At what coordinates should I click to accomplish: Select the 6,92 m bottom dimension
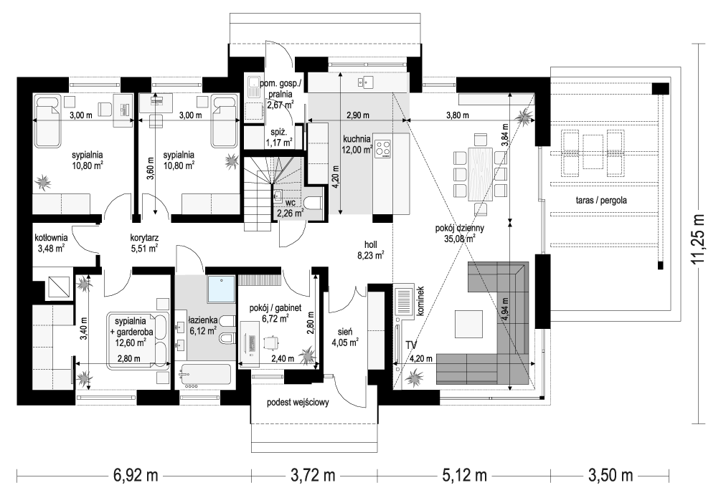(136, 475)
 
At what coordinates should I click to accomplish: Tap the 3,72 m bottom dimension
(313, 475)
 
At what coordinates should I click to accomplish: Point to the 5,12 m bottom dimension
(464, 475)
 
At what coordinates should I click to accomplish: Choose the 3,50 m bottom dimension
(610, 475)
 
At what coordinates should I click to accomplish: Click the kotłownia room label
(51, 238)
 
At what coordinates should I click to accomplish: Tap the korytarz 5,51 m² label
(144, 243)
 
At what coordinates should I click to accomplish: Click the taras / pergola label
(601, 200)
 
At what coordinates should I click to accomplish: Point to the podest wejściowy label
(298, 402)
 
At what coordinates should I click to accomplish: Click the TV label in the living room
(410, 345)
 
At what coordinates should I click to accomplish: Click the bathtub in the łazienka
(205, 375)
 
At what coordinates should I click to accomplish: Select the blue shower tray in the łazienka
(221, 289)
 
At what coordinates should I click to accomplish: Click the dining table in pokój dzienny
(481, 174)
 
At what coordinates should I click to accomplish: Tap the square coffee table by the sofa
(468, 324)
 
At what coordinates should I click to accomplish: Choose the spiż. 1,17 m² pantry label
(278, 138)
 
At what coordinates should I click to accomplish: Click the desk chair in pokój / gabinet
(270, 342)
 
